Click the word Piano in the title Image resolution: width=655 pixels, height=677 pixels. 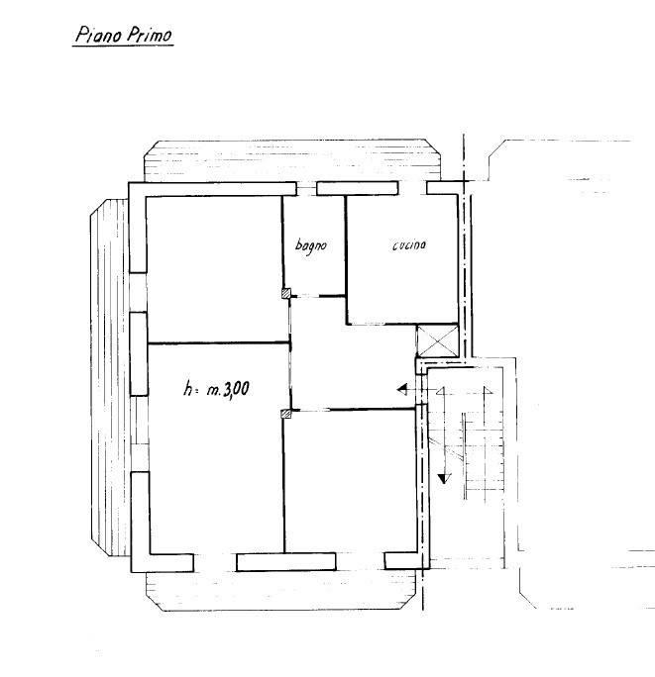coord(98,35)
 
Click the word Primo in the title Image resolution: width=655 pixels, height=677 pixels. coord(150,35)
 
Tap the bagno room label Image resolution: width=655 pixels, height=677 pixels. coord(311,245)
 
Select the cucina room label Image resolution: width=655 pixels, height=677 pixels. coord(409,244)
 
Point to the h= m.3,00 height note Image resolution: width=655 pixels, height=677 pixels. coord(216,389)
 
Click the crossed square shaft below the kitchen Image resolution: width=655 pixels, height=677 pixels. coord(437,340)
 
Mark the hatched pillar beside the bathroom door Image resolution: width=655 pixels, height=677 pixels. coord(286,294)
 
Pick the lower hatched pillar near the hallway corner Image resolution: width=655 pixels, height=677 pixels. coord(286,414)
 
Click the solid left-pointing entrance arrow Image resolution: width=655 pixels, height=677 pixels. coord(402,389)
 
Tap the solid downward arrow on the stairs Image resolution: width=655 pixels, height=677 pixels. coord(444,478)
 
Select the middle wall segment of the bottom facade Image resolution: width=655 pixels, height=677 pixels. coord(286,562)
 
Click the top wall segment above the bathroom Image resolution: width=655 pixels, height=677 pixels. coord(357,188)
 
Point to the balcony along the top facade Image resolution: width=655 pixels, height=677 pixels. coord(292,160)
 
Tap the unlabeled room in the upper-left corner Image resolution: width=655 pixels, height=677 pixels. coord(214,270)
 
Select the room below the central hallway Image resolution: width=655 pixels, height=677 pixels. coord(350,481)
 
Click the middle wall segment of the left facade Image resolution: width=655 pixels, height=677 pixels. coord(139,353)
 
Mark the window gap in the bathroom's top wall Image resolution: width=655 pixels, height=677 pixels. coord(306,189)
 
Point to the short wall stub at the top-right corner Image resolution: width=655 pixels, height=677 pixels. coord(443,188)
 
